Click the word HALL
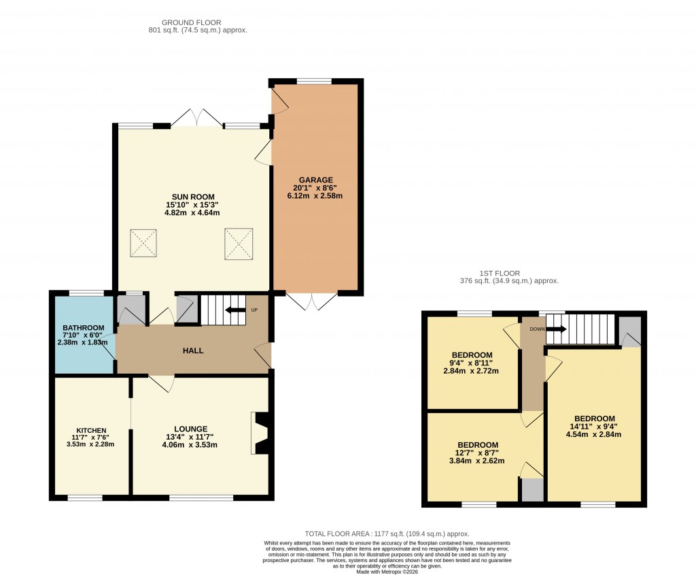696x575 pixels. click(x=193, y=350)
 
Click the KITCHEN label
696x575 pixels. click(x=91, y=431)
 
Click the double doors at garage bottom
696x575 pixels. click(x=312, y=301)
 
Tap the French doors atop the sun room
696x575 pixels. click(x=196, y=118)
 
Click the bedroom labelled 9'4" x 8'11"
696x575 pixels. click(x=472, y=355)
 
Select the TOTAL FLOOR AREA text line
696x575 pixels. click(x=386, y=534)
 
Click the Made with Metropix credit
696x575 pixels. click(x=386, y=572)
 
